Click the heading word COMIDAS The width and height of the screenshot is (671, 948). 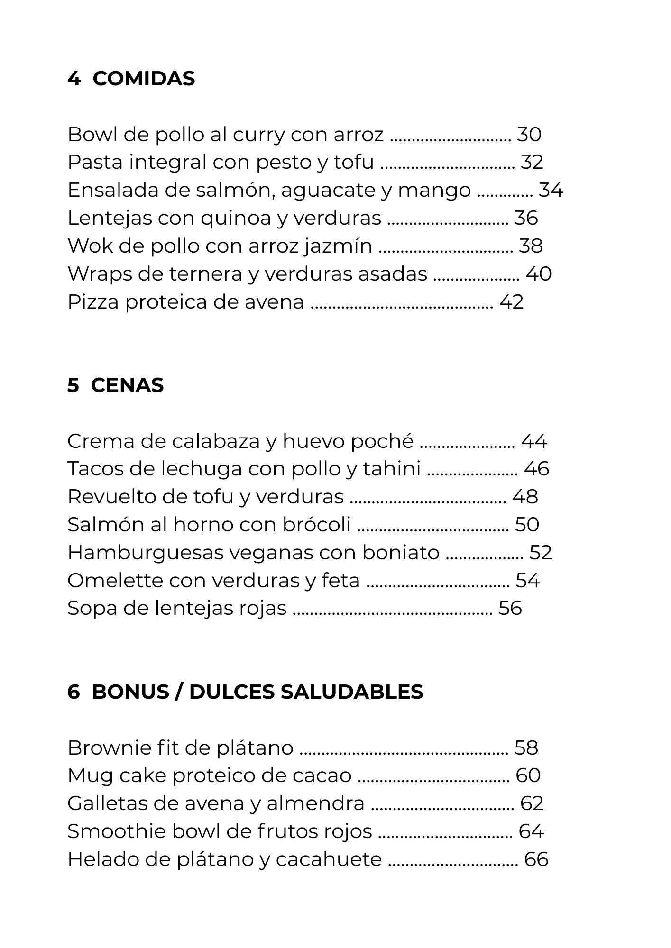(144, 79)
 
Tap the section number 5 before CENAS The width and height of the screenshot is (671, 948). (73, 385)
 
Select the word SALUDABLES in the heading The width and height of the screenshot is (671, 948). (351, 692)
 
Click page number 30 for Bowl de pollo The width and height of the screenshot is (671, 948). (529, 135)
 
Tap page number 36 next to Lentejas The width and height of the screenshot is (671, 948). (526, 219)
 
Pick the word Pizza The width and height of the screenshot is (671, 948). (93, 302)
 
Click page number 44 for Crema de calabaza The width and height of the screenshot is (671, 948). (534, 441)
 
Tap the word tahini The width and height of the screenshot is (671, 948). (392, 469)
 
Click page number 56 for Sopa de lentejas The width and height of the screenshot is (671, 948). (510, 609)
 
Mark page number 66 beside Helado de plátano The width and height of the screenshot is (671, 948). (536, 860)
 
